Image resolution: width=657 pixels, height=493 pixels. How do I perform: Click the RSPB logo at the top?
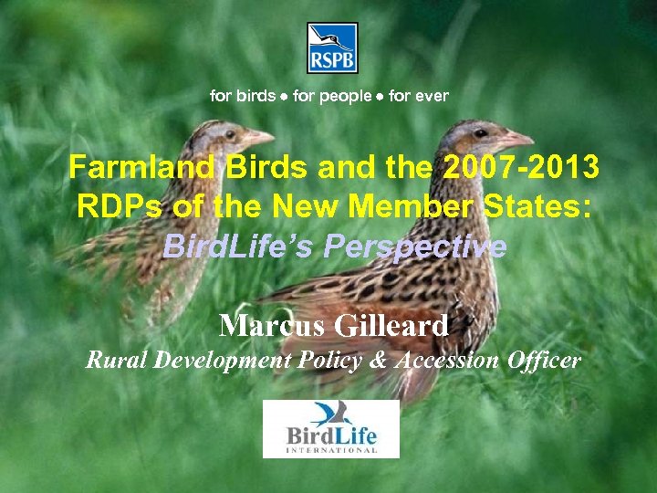(331, 48)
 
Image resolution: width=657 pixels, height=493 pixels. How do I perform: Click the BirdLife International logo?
(331, 429)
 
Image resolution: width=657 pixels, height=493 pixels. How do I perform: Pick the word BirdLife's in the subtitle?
(233, 246)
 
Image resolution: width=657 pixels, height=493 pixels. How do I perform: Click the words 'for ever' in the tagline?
(419, 96)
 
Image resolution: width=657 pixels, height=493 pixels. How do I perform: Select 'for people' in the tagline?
(332, 96)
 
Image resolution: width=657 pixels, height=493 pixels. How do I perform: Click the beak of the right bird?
(519, 140)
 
